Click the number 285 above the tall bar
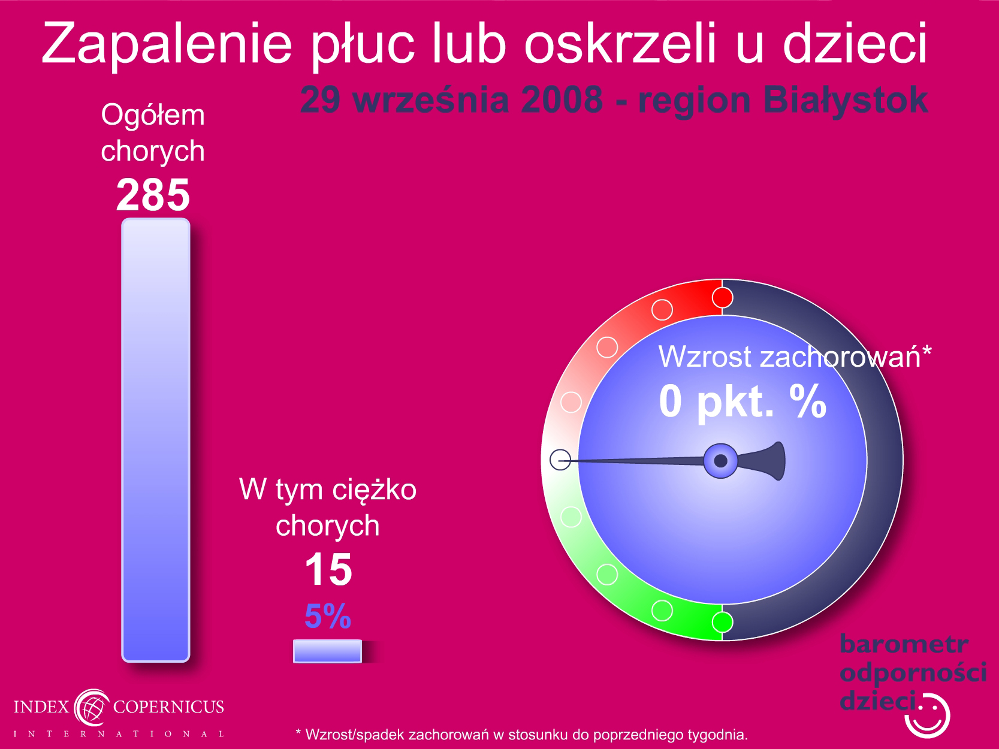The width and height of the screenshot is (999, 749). (x=153, y=195)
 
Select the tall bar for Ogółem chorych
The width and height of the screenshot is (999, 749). (x=156, y=440)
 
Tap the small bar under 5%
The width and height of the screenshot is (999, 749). (x=327, y=651)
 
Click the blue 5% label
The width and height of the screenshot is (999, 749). (x=328, y=616)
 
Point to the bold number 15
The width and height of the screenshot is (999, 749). (x=328, y=570)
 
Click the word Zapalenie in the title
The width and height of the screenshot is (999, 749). (x=167, y=44)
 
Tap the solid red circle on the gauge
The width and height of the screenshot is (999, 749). (x=722, y=298)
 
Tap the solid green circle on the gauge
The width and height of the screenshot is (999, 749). (x=722, y=622)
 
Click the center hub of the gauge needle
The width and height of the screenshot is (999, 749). (x=720, y=461)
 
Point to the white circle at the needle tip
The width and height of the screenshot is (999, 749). (x=560, y=460)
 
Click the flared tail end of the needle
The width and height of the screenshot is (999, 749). (x=778, y=461)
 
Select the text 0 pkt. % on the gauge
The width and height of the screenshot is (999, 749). (x=743, y=401)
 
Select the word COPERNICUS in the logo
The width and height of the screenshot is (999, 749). (x=168, y=706)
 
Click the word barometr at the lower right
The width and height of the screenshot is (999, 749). (x=904, y=644)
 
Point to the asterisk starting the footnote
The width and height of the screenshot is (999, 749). (x=298, y=731)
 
